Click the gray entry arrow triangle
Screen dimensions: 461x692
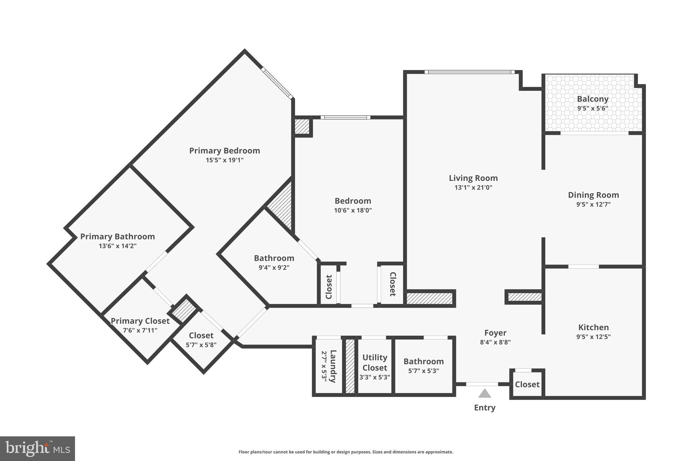(x=485, y=394)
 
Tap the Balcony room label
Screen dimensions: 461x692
(x=593, y=99)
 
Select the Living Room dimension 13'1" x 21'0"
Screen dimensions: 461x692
(x=473, y=187)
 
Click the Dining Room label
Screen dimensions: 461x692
(x=593, y=195)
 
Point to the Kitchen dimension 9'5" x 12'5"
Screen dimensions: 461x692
(x=593, y=337)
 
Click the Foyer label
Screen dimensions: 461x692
(x=495, y=333)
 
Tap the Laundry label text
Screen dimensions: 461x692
(x=333, y=366)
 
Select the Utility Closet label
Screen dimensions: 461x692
(x=375, y=362)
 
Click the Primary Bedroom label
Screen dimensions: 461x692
(x=224, y=151)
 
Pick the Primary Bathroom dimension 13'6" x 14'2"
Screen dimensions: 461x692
(x=118, y=246)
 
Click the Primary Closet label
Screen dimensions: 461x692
(x=140, y=321)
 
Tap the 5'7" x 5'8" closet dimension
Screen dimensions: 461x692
(x=201, y=345)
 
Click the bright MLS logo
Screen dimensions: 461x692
(x=38, y=449)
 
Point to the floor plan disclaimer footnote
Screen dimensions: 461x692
(x=346, y=452)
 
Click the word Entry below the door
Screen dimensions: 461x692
(x=485, y=408)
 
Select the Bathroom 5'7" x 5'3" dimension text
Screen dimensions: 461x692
(x=423, y=371)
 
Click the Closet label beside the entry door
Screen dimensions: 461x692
(x=527, y=384)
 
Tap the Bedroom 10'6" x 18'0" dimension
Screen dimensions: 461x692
(x=353, y=210)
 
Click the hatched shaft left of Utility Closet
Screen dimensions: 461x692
(x=350, y=366)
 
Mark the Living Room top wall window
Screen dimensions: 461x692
(x=469, y=72)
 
